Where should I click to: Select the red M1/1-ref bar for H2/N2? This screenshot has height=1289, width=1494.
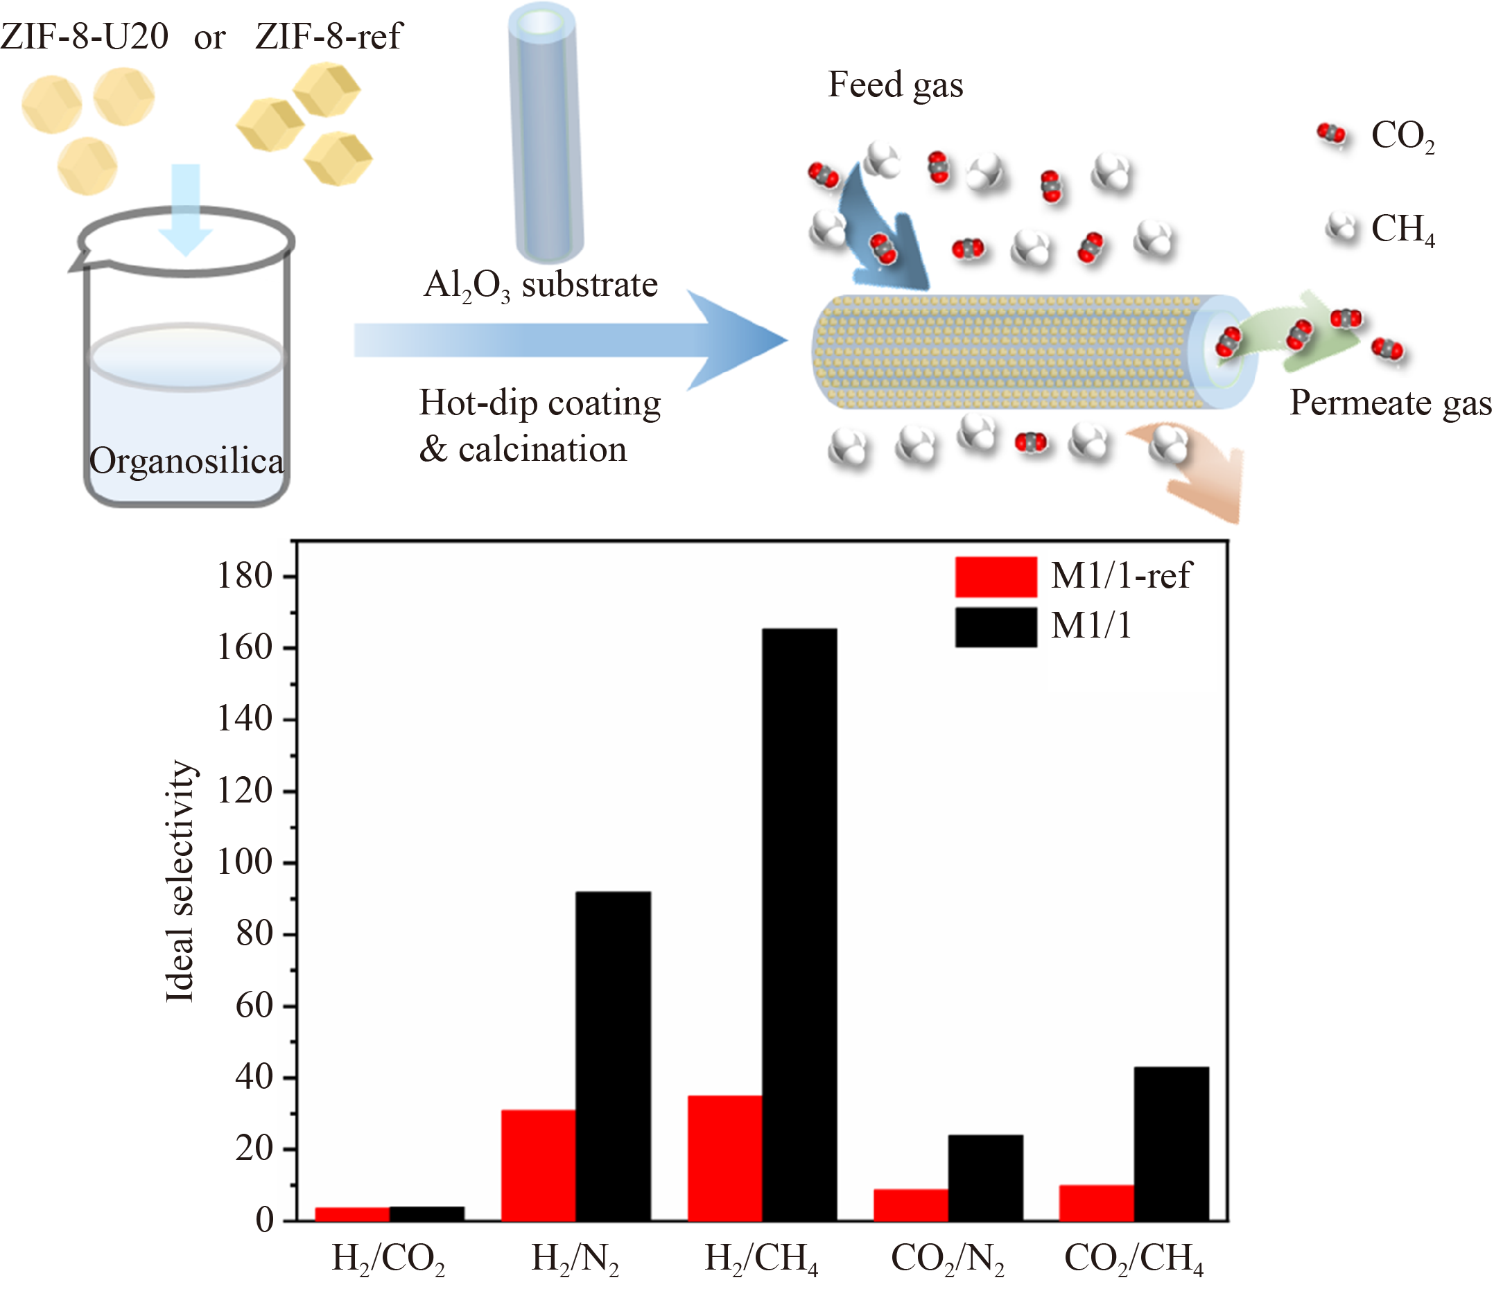click(x=539, y=1164)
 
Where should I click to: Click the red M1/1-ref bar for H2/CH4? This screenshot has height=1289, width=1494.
click(x=724, y=1158)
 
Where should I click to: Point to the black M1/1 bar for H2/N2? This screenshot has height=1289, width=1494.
click(x=613, y=1056)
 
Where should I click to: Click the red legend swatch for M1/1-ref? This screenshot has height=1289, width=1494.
click(x=996, y=577)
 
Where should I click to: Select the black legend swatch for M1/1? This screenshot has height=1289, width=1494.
click(x=996, y=626)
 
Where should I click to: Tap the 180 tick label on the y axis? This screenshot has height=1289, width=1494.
click(x=245, y=576)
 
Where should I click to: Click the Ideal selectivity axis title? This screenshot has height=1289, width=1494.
click(x=180, y=881)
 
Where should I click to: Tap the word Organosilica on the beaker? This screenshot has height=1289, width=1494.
click(x=186, y=461)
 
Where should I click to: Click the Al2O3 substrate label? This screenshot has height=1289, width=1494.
click(x=540, y=286)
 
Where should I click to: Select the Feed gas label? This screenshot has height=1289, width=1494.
click(x=895, y=85)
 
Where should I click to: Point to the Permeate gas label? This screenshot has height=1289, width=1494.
click(x=1389, y=402)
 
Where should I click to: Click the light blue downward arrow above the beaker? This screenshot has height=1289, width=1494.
click(x=185, y=209)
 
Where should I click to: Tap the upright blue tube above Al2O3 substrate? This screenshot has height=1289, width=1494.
click(x=545, y=133)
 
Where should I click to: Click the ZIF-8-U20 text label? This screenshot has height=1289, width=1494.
click(x=85, y=36)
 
